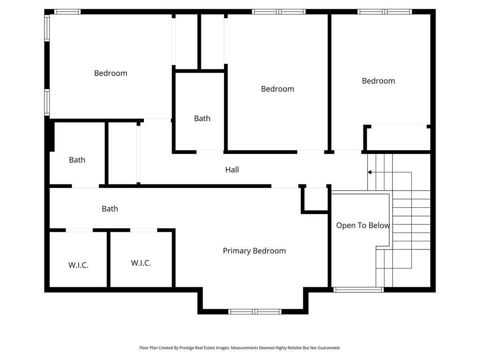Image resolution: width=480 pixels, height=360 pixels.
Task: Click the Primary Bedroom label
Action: [254, 251]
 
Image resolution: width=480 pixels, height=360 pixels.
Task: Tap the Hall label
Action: [232, 170]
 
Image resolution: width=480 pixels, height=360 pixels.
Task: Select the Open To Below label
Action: [363, 225]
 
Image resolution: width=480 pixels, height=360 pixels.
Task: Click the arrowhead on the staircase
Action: [369, 172]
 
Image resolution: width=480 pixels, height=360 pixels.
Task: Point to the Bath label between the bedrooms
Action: [202, 118]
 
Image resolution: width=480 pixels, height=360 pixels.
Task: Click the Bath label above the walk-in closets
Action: [110, 208]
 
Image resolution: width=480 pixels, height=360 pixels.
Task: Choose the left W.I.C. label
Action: [78, 265]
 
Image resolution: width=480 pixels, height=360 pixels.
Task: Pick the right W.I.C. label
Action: [141, 263]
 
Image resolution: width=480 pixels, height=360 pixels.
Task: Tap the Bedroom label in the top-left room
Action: [111, 73]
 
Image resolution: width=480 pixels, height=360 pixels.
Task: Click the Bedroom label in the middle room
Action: [278, 89]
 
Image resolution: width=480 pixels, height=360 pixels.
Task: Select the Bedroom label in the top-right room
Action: [378, 81]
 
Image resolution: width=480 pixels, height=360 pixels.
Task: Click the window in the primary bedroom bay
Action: [255, 312]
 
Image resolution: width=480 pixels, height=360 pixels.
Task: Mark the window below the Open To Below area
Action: [358, 290]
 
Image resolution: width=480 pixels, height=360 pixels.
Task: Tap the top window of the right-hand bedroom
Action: [385, 12]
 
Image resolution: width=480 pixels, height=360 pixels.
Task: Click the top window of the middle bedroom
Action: [278, 12]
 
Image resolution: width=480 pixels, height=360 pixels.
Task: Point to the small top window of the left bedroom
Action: [67, 12]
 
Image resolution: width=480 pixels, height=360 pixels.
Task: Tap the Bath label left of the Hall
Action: [77, 160]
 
